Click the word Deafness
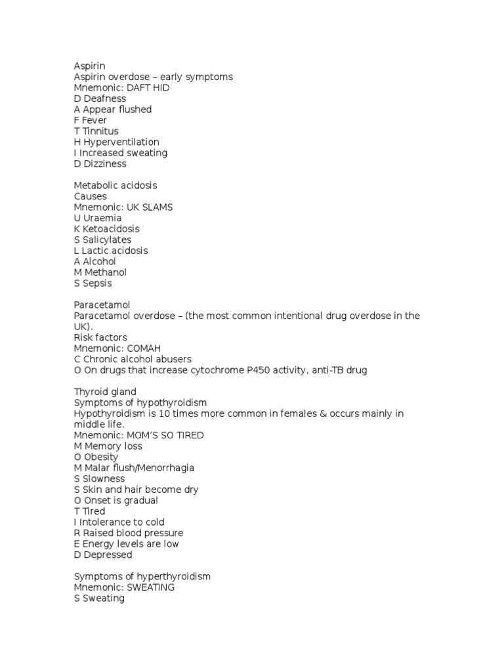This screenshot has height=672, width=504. pos(104,98)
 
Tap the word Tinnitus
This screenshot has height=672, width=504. pos(100,131)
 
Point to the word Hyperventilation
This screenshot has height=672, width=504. pos(121,142)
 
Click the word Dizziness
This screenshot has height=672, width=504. pos(104,163)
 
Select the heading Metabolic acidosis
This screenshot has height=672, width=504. pos(115,186)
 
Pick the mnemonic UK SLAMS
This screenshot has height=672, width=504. pos(150,207)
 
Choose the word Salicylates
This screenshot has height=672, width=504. pos(107,240)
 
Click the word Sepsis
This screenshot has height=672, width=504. pos(97,283)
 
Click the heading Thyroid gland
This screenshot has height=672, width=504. pos(105,392)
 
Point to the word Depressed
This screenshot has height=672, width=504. pos(105,555)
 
